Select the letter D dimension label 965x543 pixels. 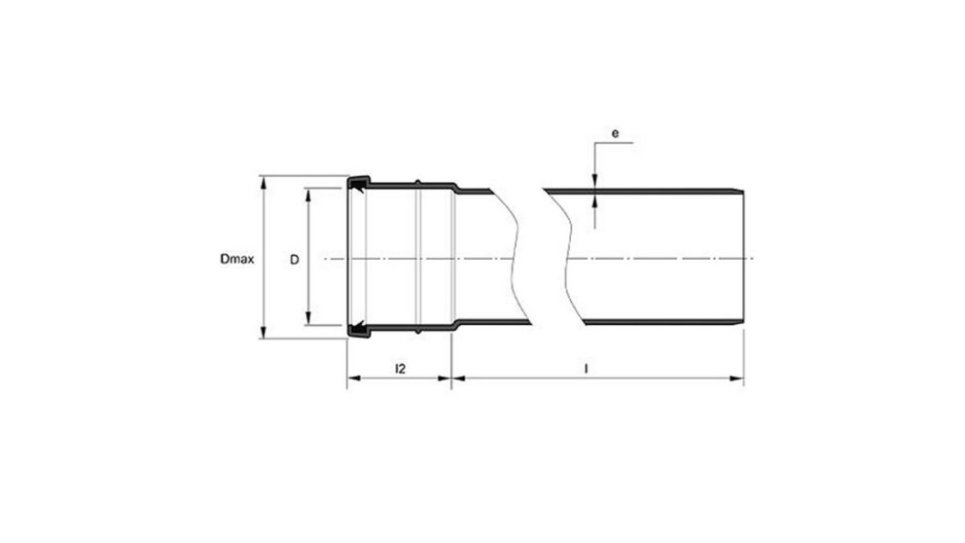pyautogui.click(x=293, y=260)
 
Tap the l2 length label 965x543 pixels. pyautogui.click(x=400, y=369)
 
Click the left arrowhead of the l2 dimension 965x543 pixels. pyautogui.click(x=353, y=379)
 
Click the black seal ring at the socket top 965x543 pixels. pyautogui.click(x=359, y=182)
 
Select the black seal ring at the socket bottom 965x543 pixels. pyautogui.click(x=359, y=332)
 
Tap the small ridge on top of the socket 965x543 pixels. pyautogui.click(x=416, y=181)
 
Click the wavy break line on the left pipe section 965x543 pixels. pyautogui.click(x=517, y=258)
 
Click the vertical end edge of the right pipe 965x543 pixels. pyautogui.click(x=744, y=258)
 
